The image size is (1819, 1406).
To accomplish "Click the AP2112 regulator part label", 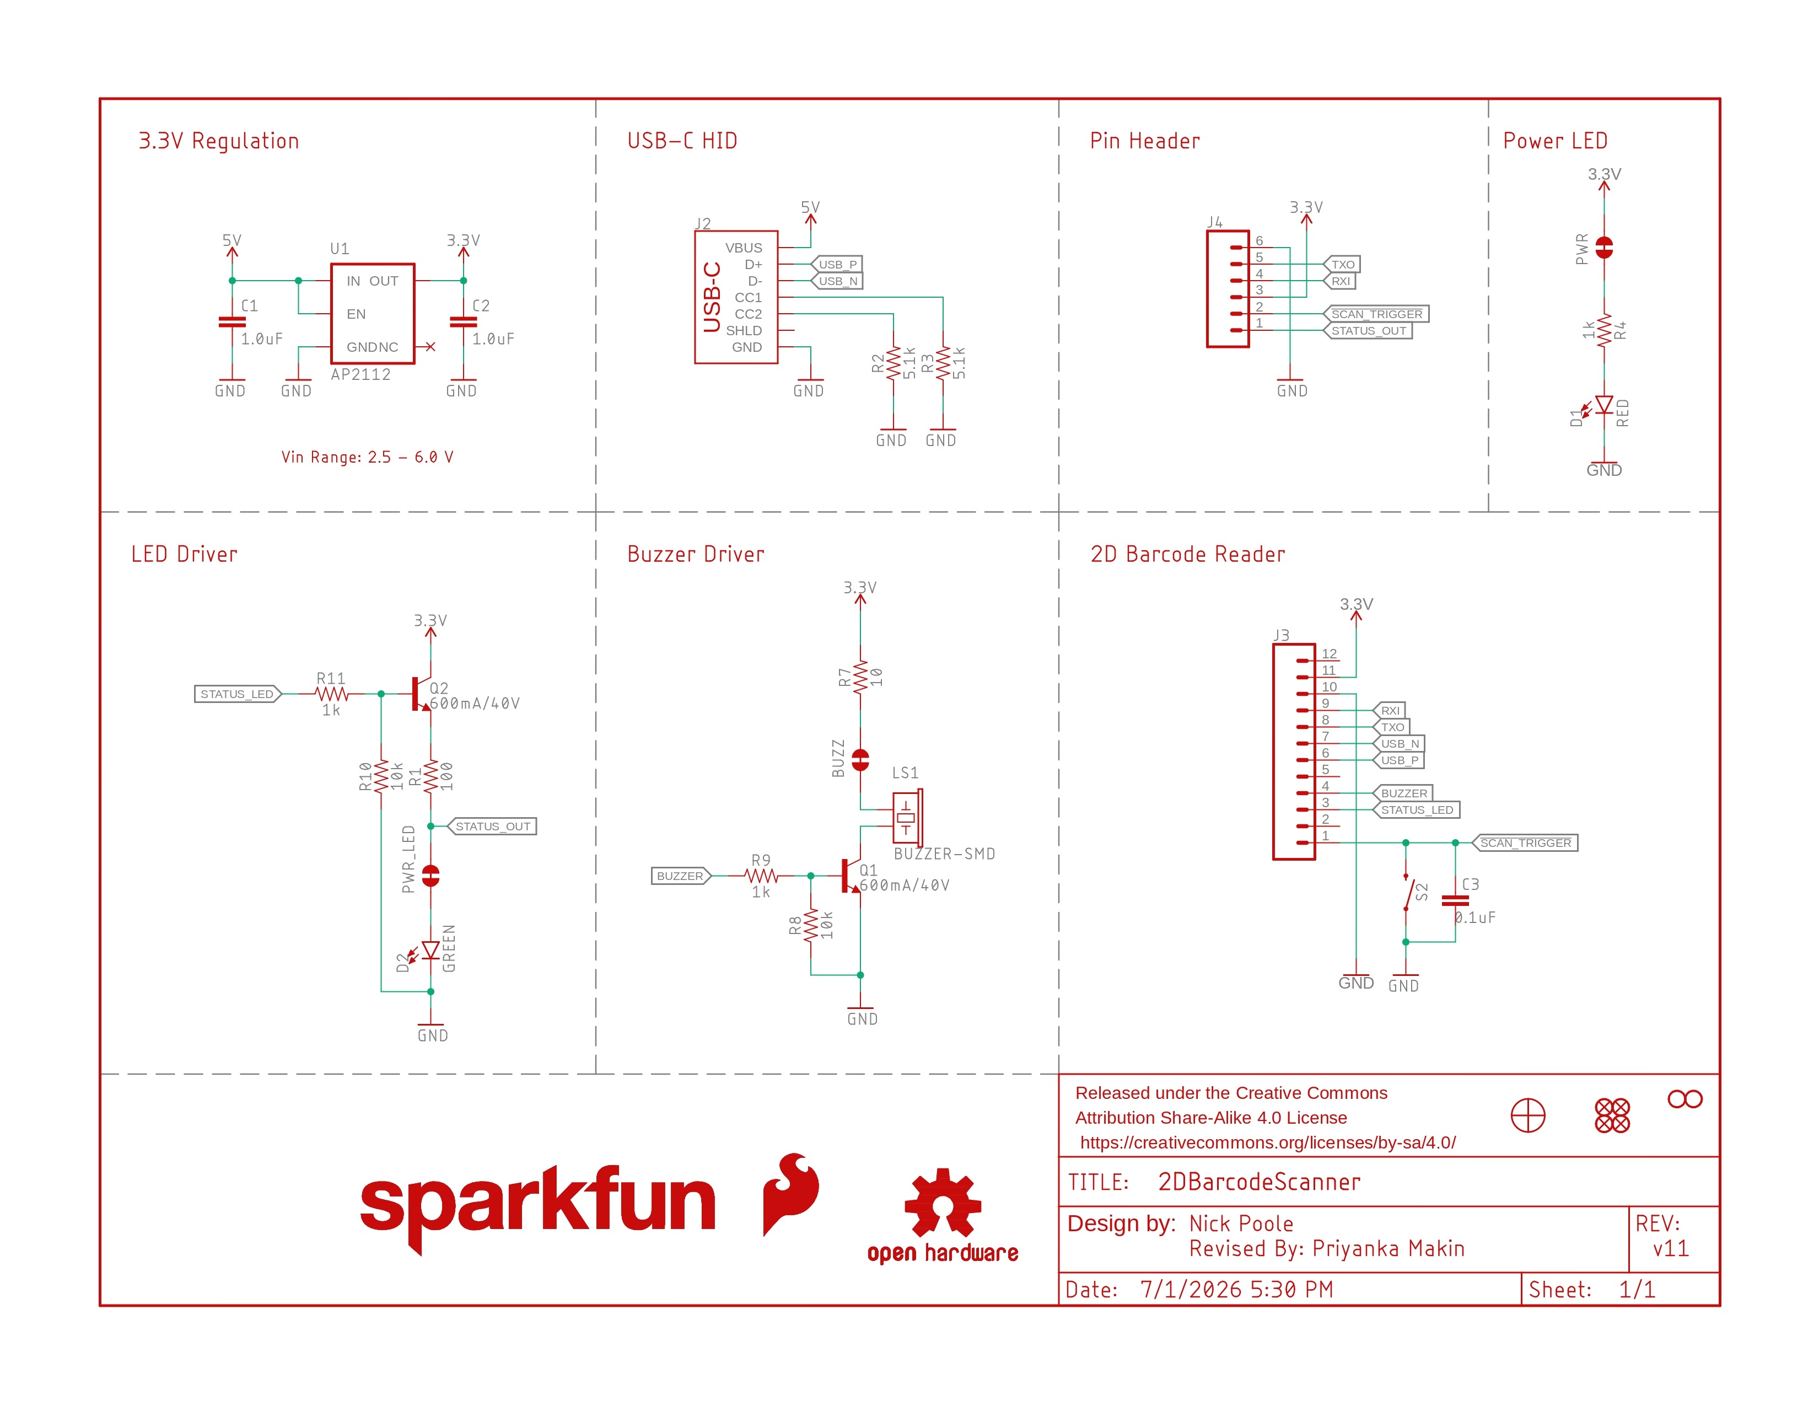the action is (x=360, y=375).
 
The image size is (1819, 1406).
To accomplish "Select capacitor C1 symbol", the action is (x=232, y=321).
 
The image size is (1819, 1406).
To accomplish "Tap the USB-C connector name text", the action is (x=712, y=297).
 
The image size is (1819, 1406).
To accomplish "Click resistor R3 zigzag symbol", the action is (x=943, y=364).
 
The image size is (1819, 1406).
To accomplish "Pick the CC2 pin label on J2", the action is (x=748, y=314).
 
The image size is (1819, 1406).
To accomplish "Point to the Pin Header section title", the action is (x=1145, y=141).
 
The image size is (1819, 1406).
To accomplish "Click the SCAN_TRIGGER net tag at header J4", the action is (x=1376, y=314).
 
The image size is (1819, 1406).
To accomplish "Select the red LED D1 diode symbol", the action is (x=1604, y=406).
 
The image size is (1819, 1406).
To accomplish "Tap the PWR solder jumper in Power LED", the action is (x=1604, y=248).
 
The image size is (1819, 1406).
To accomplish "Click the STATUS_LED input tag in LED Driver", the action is (x=238, y=694).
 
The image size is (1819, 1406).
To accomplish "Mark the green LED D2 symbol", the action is (x=430, y=951).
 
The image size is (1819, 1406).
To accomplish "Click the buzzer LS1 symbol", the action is (x=907, y=817).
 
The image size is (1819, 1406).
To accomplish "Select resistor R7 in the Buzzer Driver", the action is (x=860, y=677).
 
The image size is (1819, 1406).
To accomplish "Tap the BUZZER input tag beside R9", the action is (x=680, y=876).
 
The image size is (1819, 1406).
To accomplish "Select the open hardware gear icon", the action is (x=943, y=1202).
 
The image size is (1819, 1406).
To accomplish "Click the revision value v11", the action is (x=1671, y=1248).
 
